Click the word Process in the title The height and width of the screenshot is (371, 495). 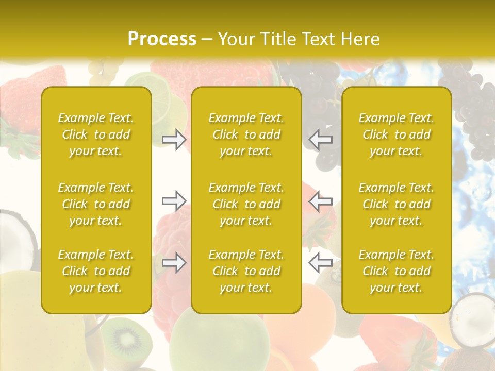tap(162, 39)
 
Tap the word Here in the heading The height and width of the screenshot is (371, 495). tap(359, 39)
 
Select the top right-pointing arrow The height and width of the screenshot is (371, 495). tap(174, 140)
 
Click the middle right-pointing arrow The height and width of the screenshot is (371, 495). tap(174, 201)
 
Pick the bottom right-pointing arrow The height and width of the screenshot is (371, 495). tap(174, 263)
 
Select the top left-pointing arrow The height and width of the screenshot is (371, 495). tap(320, 140)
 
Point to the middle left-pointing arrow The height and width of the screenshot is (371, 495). tap(320, 201)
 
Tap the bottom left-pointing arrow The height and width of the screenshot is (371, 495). tap(320, 263)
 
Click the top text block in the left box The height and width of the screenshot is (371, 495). tap(96, 134)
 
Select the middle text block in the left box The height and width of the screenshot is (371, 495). tap(96, 204)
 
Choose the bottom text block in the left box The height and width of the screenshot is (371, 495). tap(96, 271)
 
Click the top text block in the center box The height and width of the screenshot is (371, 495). tap(246, 134)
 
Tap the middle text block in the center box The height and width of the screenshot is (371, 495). tap(246, 204)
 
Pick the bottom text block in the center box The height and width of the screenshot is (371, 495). tap(246, 271)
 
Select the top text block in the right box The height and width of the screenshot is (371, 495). tap(397, 134)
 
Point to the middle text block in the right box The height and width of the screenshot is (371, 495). tap(397, 204)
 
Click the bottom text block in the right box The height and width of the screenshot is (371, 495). tap(397, 271)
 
